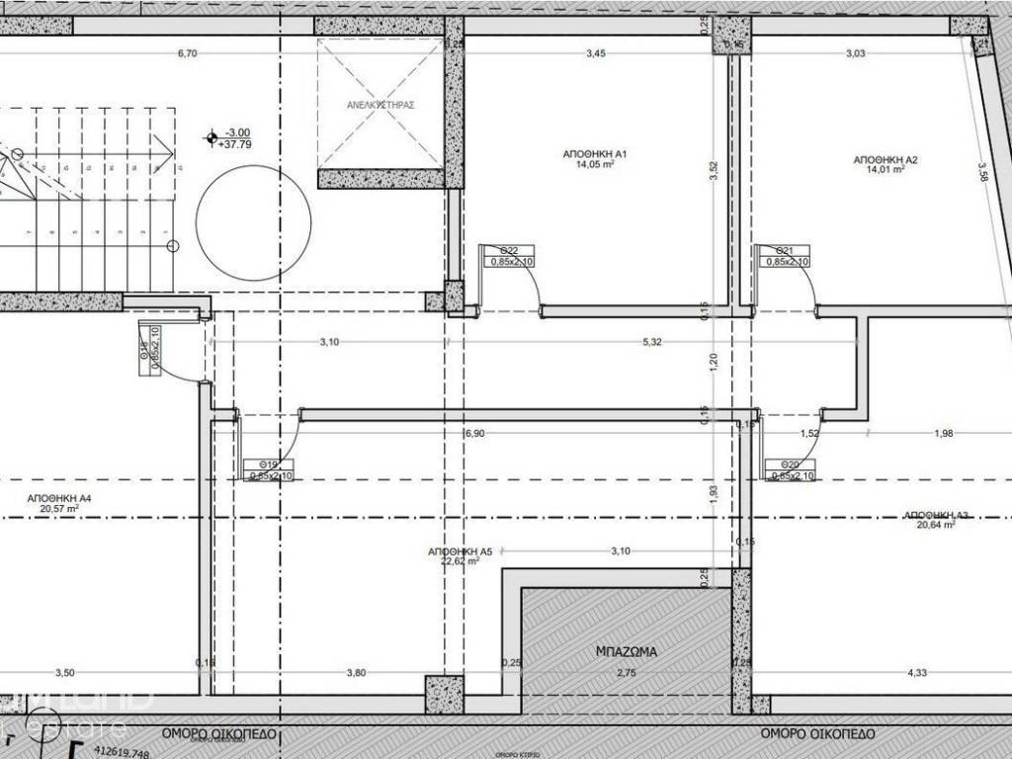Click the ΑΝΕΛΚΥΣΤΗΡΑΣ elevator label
379,104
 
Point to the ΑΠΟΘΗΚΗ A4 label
59,497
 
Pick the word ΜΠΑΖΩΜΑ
628,652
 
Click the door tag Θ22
509,250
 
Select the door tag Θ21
784,250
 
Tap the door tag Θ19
267,464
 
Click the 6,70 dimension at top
187,53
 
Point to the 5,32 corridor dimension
652,342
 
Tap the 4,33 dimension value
917,673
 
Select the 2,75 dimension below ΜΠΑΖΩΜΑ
627,673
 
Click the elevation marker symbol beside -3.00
210,138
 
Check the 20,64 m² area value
935,526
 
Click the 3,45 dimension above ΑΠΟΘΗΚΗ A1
595,53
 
